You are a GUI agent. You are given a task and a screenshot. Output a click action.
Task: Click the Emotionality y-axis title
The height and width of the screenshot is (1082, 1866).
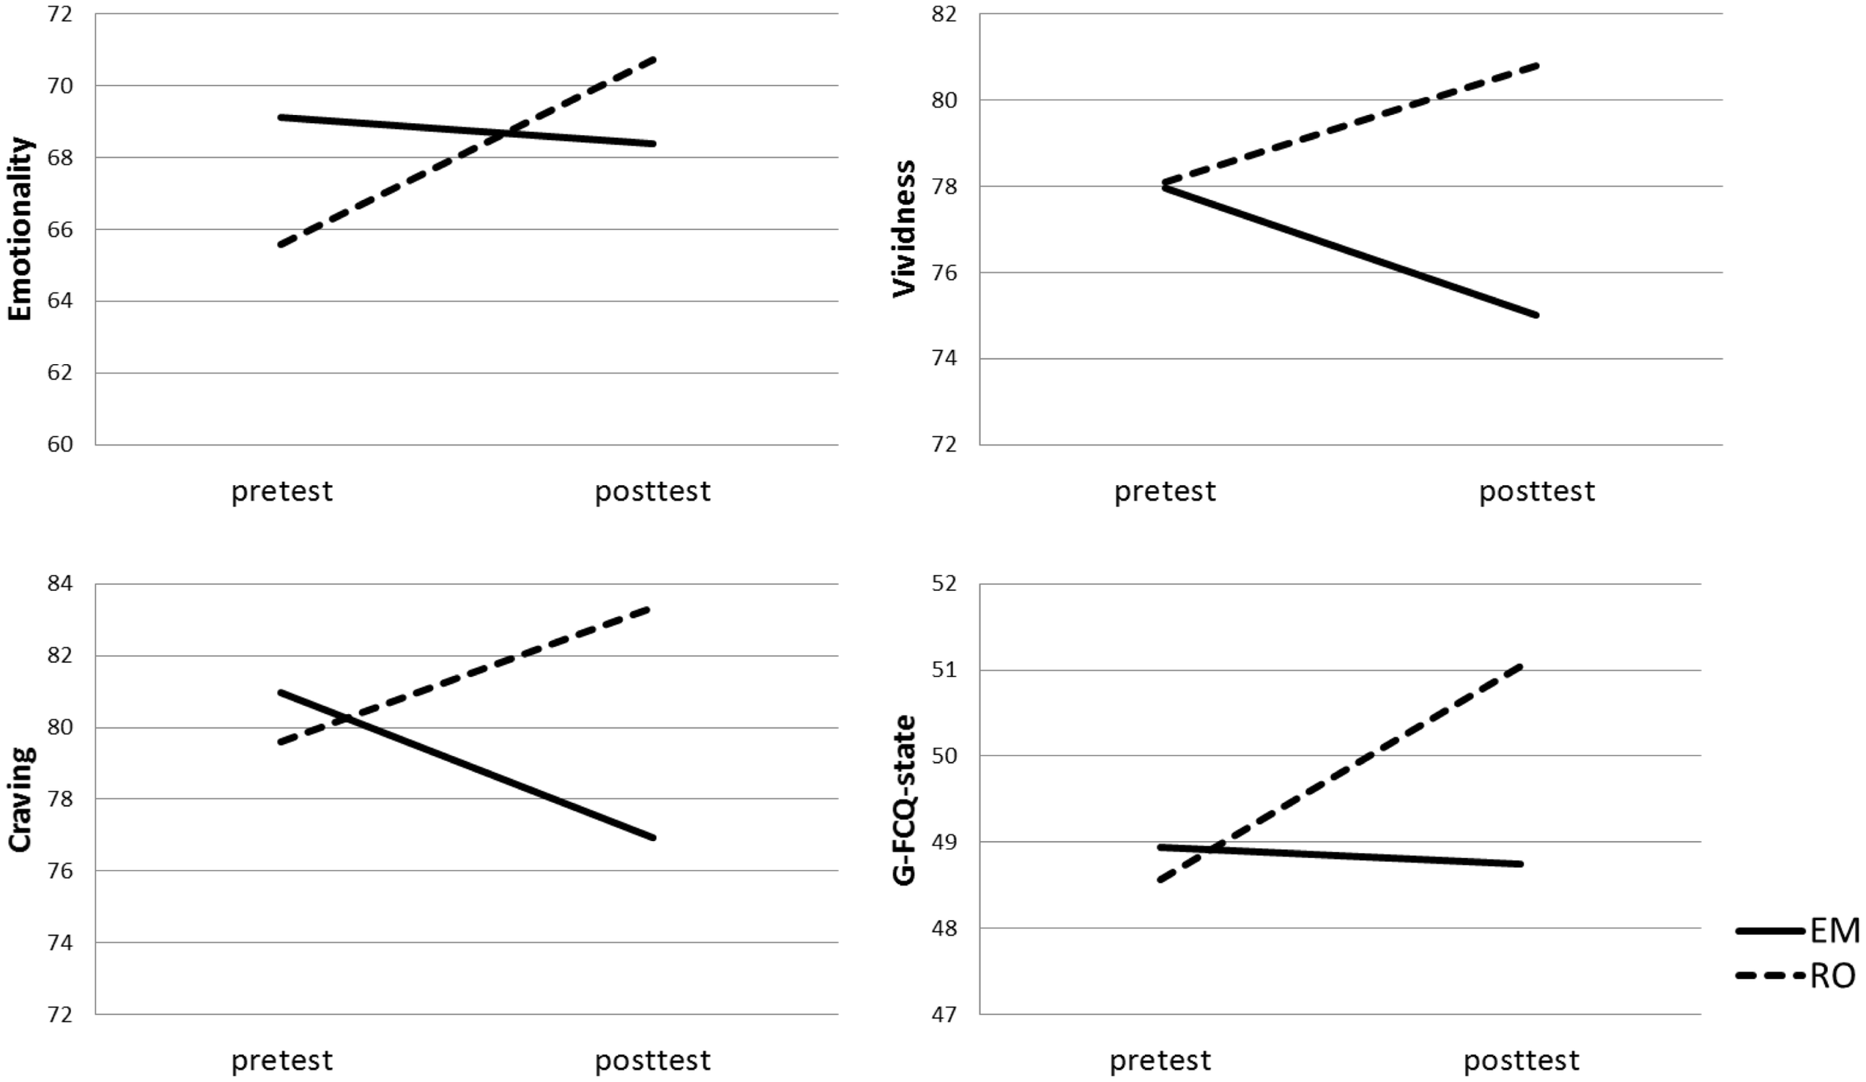point(21,228)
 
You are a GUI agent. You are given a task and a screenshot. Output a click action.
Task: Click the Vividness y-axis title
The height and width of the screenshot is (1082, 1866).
point(904,228)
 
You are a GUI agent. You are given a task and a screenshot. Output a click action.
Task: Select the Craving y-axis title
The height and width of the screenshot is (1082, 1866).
point(21,798)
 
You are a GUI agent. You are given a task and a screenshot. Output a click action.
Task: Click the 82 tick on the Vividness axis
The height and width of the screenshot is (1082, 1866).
point(944,14)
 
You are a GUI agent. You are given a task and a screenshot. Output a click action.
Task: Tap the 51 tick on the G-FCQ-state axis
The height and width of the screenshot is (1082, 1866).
point(944,670)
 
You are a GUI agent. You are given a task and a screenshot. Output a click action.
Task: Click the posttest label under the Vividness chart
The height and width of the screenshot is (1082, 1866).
point(1537,491)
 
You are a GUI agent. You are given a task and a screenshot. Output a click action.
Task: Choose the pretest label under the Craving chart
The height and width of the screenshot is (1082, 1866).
point(282,1060)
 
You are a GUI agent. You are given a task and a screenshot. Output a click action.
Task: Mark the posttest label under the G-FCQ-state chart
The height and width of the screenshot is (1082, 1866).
point(1521,1060)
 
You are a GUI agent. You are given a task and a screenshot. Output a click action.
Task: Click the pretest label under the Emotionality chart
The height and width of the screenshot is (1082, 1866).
point(282,491)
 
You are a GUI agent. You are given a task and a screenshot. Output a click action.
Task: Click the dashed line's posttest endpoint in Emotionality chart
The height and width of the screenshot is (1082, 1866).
point(654,58)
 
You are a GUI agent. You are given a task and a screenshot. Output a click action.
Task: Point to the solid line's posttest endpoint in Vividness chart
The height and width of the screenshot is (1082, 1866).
point(1536,316)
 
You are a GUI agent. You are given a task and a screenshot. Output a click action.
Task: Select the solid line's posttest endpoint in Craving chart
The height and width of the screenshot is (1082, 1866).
point(654,838)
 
